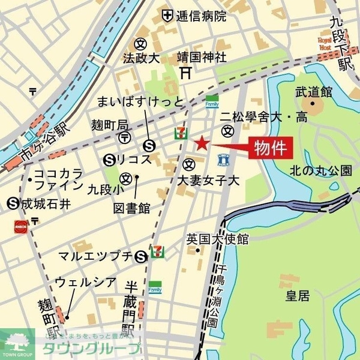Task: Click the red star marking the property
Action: [x=202, y=142]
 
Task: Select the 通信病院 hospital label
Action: [x=201, y=16]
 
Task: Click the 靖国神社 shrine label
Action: [x=202, y=58]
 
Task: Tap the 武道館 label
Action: [x=314, y=92]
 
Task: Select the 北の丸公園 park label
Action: [x=321, y=170]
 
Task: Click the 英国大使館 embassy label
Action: [x=217, y=238]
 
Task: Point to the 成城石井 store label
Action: [x=46, y=203]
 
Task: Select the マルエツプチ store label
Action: [x=95, y=257]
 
